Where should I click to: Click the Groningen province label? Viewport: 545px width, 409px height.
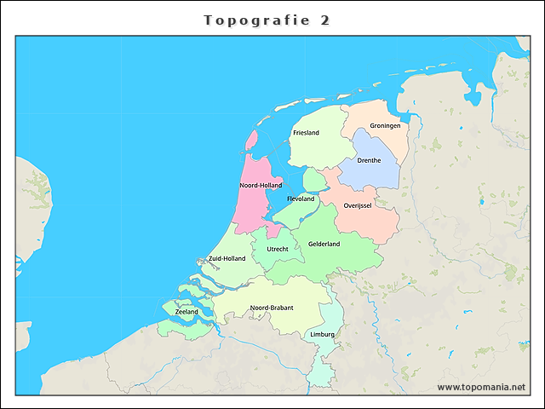(385, 125)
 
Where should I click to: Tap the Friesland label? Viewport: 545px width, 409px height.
(306, 133)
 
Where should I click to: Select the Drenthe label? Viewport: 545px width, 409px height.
(370, 160)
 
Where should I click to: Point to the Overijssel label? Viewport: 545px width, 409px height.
(358, 205)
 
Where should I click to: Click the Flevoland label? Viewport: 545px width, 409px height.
(301, 199)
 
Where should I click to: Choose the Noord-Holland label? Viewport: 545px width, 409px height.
(261, 185)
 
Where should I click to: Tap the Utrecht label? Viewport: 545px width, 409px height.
(278, 249)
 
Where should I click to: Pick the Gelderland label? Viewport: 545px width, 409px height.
(324, 244)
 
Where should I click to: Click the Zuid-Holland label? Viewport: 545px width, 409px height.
(227, 258)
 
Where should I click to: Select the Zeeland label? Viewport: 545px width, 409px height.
(186, 312)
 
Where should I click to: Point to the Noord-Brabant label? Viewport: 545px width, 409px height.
(272, 308)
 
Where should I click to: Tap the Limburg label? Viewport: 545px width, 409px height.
(323, 334)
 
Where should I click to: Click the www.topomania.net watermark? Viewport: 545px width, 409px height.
(481, 387)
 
